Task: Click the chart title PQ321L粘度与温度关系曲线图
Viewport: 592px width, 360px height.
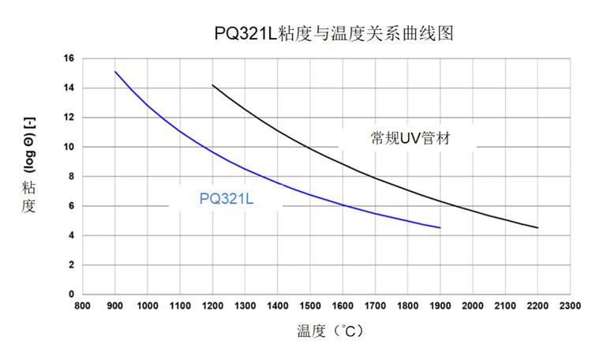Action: (335, 34)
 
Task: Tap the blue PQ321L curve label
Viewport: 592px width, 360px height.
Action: (227, 198)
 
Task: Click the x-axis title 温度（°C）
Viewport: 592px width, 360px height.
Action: (331, 331)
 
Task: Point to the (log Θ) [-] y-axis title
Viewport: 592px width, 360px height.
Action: (30, 148)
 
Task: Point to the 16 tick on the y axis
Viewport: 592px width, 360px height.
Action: (69, 58)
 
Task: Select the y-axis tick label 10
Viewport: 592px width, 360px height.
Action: (69, 147)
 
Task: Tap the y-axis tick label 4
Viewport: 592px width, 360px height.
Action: (71, 235)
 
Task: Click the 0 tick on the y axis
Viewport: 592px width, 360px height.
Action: (71, 294)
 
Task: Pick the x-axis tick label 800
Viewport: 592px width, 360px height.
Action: (82, 305)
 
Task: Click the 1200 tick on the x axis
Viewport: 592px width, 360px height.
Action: (212, 305)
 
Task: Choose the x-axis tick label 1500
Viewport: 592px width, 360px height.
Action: (309, 305)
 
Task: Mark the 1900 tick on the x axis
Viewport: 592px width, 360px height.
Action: (440, 305)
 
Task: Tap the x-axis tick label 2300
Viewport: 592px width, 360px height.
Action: (570, 305)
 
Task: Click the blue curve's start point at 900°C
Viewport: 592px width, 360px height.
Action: (115, 72)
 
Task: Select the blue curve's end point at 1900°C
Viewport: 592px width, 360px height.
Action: (440, 227)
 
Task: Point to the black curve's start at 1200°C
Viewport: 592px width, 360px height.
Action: (212, 85)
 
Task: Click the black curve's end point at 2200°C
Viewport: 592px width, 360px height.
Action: (538, 227)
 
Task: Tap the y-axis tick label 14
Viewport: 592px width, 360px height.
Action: (69, 88)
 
